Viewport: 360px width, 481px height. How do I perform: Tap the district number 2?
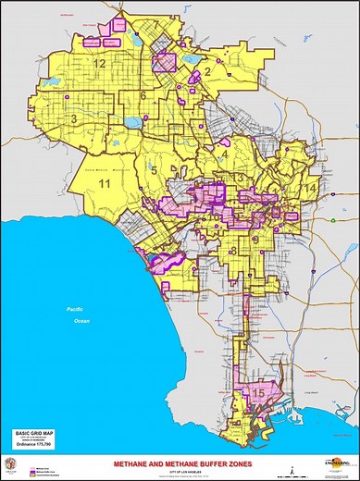209,70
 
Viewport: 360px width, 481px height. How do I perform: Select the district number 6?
144,95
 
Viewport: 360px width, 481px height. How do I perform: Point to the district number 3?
73,119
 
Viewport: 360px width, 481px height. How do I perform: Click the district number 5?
151,168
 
